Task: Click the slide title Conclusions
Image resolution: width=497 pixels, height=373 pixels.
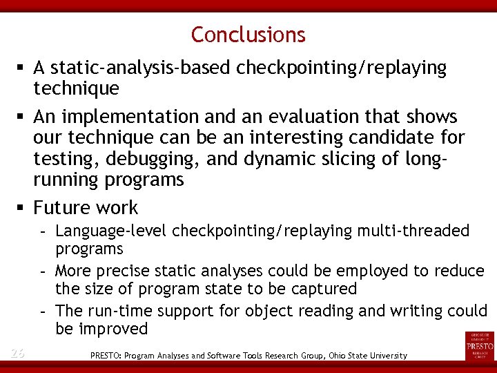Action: pyautogui.click(x=248, y=34)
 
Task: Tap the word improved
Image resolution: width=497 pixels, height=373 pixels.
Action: pyautogui.click(x=113, y=329)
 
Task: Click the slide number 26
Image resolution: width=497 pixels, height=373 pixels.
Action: pyautogui.click(x=18, y=354)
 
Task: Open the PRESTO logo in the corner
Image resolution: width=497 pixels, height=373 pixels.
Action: pyautogui.click(x=480, y=345)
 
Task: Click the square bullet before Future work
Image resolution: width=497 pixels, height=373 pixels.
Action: pyautogui.click(x=23, y=208)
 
